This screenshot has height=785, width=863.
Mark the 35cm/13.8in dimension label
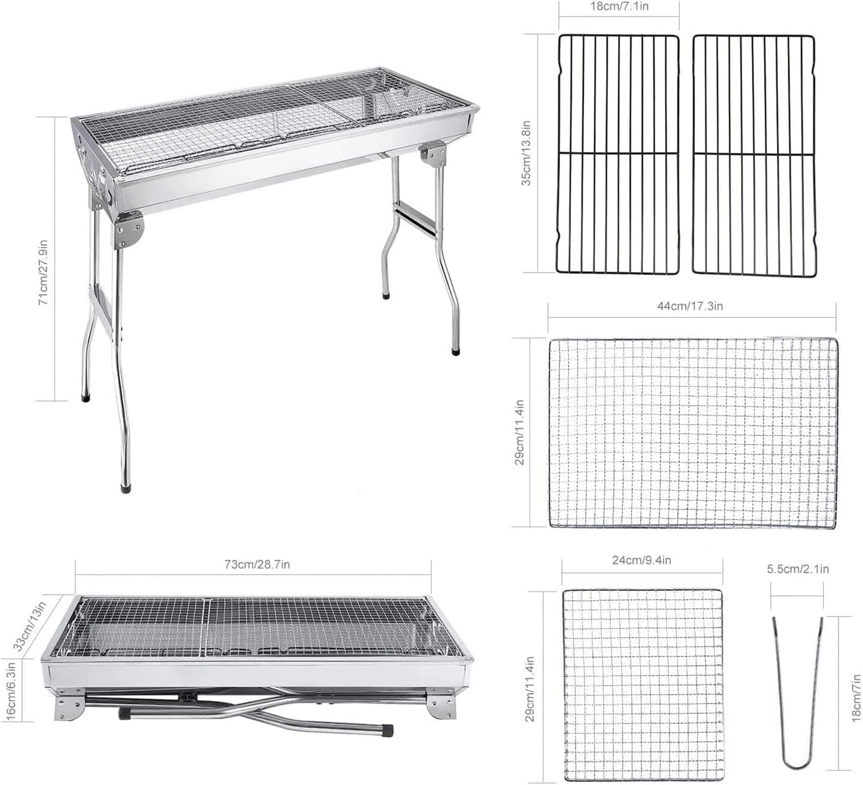[526, 153]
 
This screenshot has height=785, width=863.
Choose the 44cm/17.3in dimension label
[690, 306]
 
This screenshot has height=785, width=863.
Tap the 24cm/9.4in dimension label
[641, 560]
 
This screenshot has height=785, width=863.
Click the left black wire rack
[618, 154]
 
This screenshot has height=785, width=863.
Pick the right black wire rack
[754, 154]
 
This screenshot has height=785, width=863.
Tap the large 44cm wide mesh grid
[693, 432]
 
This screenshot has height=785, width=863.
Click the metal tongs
[798, 694]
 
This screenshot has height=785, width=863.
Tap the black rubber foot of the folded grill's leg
[387, 730]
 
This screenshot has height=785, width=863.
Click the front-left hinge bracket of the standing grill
[128, 231]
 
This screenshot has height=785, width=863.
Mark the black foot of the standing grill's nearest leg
[126, 487]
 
